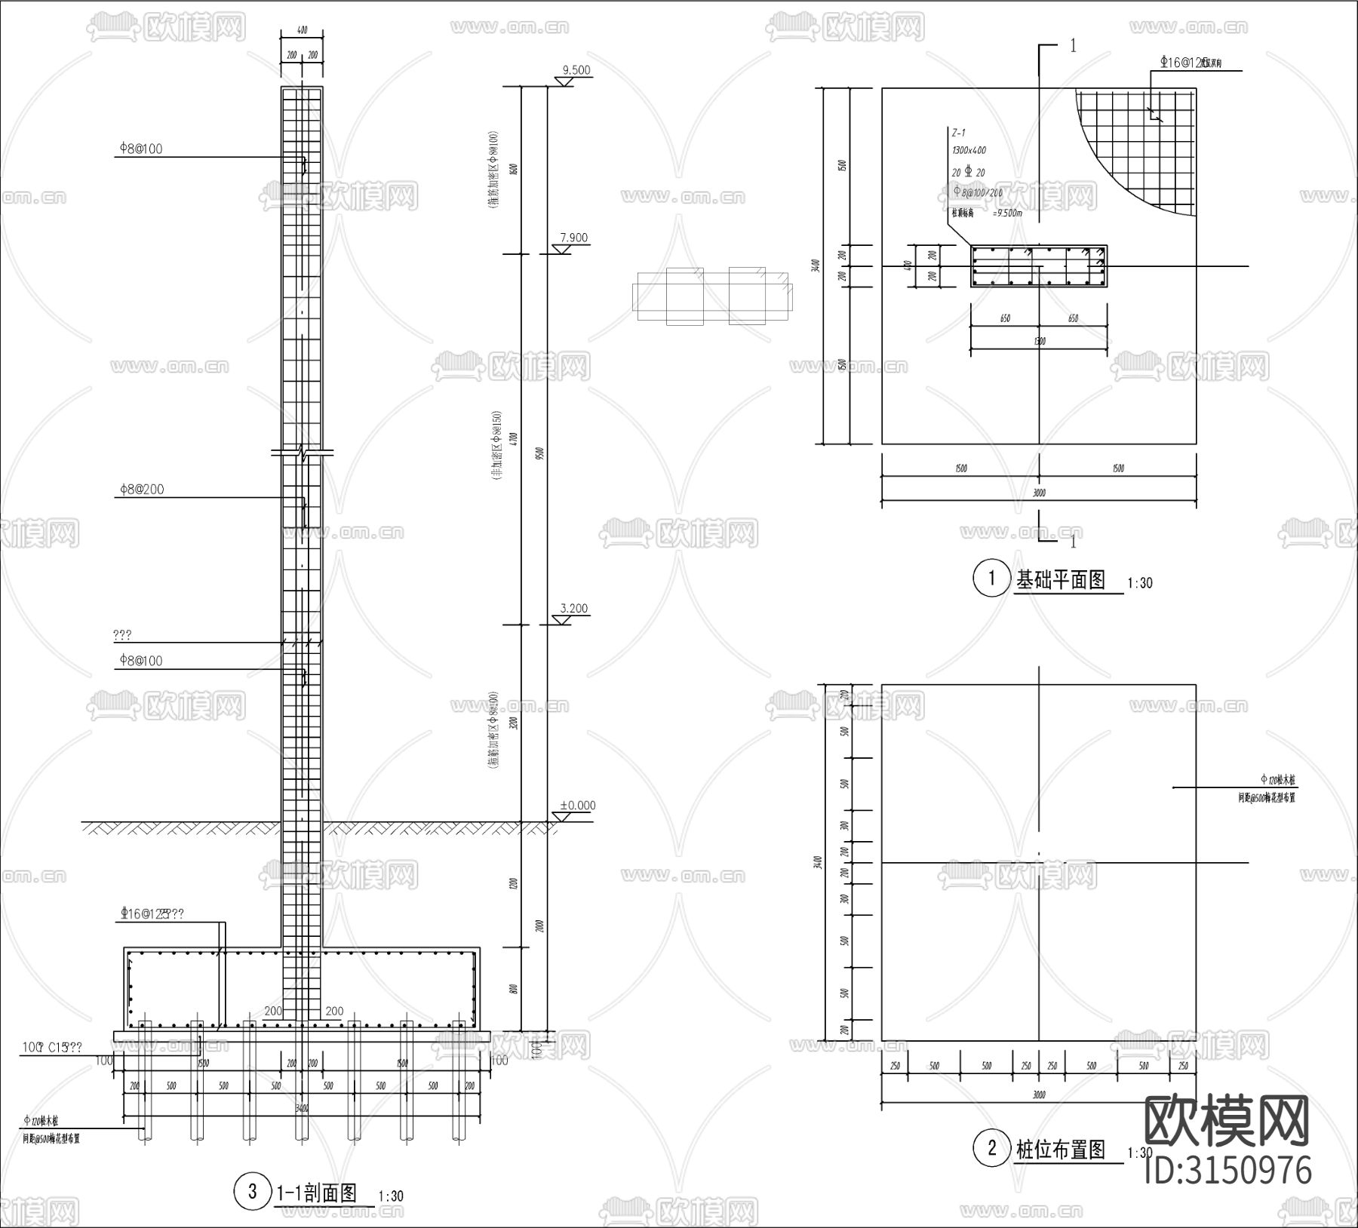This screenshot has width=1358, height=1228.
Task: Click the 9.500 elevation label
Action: click(x=576, y=70)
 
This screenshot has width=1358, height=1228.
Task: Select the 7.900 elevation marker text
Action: click(x=573, y=238)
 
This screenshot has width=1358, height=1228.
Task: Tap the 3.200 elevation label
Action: click(x=573, y=608)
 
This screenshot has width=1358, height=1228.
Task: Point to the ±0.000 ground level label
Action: click(x=577, y=806)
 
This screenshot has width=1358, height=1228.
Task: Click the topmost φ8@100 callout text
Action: click(x=140, y=149)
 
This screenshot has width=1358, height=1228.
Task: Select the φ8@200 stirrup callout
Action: click(x=141, y=489)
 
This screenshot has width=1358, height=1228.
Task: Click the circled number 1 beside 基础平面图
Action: click(x=991, y=579)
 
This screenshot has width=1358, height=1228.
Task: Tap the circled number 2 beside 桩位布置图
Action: click(x=991, y=1149)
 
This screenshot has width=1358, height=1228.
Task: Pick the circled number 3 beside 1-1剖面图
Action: click(x=253, y=1192)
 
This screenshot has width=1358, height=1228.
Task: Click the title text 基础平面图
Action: click(x=1061, y=579)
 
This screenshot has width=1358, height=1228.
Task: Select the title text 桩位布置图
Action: click(x=1061, y=1150)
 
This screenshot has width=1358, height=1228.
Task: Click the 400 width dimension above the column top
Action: click(x=302, y=31)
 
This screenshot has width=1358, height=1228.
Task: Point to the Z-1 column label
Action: click(x=958, y=133)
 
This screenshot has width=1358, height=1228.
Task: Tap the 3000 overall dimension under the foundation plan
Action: click(x=1039, y=493)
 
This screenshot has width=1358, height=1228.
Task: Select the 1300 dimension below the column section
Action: click(x=1039, y=342)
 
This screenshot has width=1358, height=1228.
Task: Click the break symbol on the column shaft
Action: click(x=303, y=454)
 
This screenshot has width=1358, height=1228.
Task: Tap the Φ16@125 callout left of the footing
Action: click(x=151, y=913)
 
